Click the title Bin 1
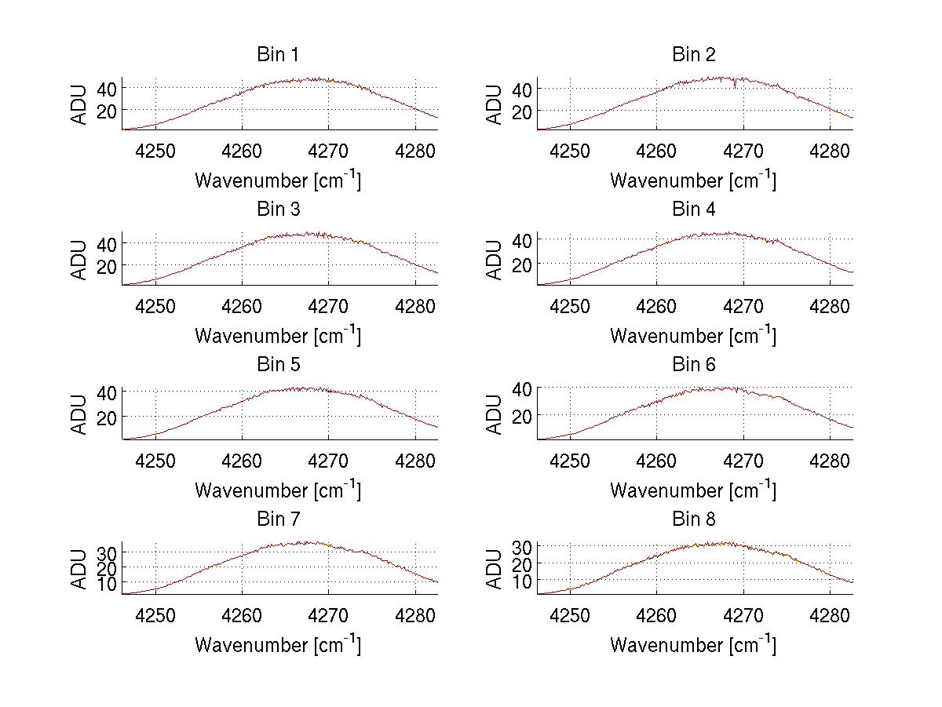click(x=277, y=55)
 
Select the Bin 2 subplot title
click(x=693, y=55)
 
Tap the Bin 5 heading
click(x=277, y=365)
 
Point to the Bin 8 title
click(x=693, y=519)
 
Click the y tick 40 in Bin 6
click(x=521, y=388)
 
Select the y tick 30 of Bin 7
click(x=107, y=553)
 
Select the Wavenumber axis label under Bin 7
click(x=277, y=645)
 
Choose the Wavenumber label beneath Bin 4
click(x=693, y=335)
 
